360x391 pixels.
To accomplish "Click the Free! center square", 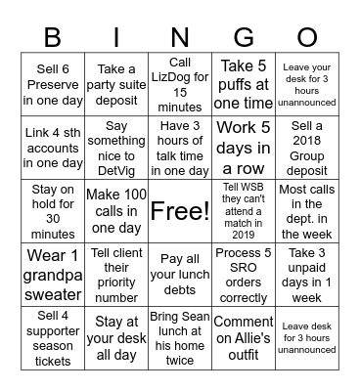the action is coord(180,210).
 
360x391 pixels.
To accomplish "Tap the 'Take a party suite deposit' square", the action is coord(116,85).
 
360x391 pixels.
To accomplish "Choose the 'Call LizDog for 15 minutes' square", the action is coord(180,85).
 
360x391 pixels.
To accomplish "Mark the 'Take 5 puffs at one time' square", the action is coord(244,85).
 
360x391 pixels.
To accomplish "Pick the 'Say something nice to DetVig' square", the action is coord(116,148).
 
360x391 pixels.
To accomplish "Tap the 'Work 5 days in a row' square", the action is coord(244,148).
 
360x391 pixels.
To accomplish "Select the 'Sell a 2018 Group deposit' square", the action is coord(307,148).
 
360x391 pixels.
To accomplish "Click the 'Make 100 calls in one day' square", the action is coord(116,210).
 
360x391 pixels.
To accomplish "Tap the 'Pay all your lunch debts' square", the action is coord(180,274).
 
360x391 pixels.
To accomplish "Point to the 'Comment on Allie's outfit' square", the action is coord(244,336).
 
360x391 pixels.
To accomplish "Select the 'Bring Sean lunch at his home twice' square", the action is coord(180,336).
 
